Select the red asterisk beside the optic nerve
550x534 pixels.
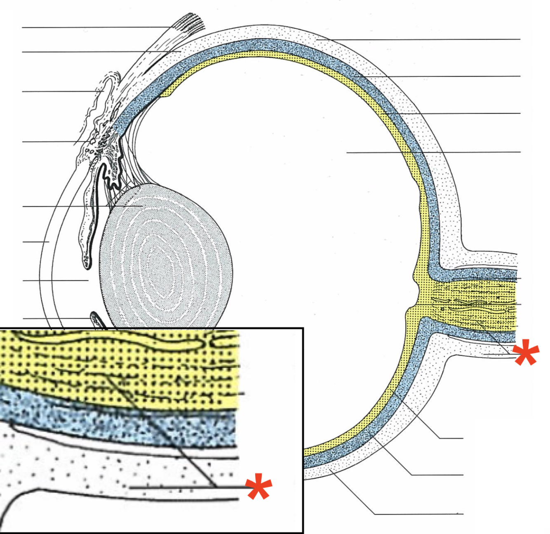click(x=525, y=353)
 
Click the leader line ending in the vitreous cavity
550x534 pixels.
click(x=433, y=152)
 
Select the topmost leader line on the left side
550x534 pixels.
click(x=95, y=28)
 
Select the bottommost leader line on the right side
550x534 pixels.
click(x=416, y=514)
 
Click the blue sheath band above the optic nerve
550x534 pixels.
click(x=474, y=274)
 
